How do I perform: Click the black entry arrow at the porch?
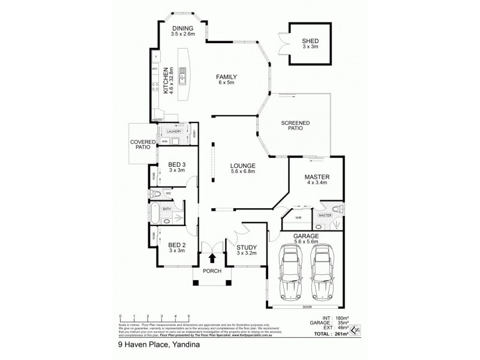[x=212, y=257]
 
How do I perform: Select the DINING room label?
[x=182, y=32]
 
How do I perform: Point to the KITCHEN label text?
[x=166, y=79]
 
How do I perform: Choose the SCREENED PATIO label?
[x=295, y=126]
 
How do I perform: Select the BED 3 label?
[x=176, y=167]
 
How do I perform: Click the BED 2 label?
[x=176, y=247]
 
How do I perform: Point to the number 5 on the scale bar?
[x=189, y=316]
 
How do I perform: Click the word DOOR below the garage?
[x=307, y=307]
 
